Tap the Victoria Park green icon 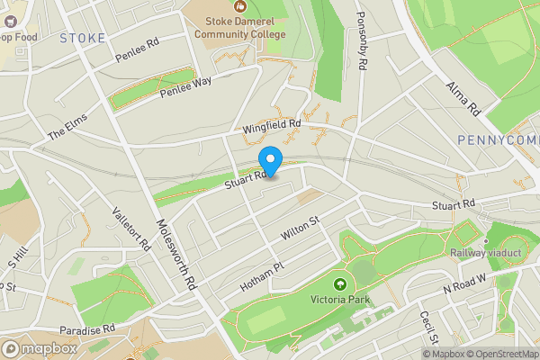[340, 285]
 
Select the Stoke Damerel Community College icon [240, 6]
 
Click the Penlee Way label [185, 87]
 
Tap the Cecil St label [428, 328]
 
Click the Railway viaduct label [486, 254]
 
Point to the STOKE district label [83, 38]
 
